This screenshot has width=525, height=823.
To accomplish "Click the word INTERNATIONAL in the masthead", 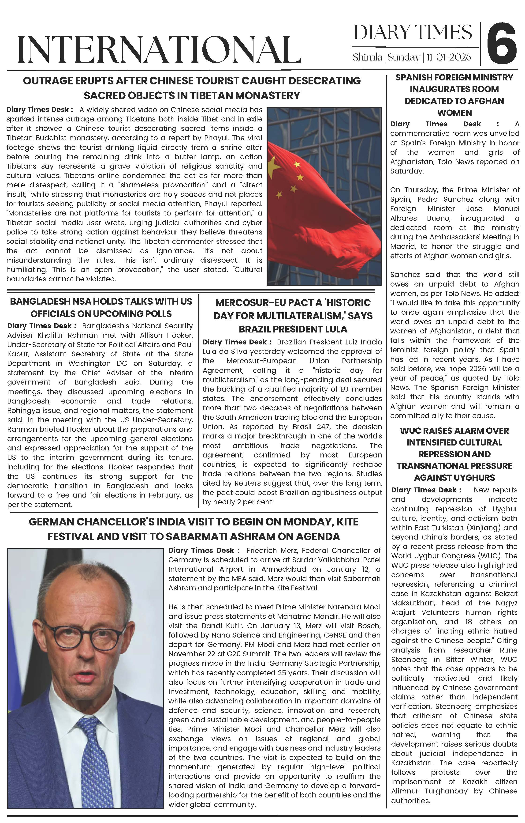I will [x=159, y=49].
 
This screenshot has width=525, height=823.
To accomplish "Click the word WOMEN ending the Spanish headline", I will [x=454, y=113].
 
